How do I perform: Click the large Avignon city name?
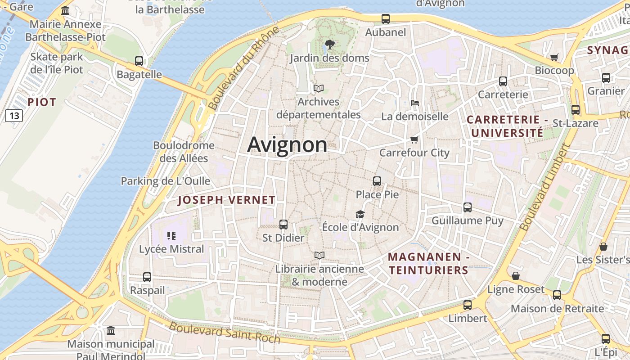click(287, 145)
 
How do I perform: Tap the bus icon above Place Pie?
click(377, 181)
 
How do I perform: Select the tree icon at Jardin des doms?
click(330, 45)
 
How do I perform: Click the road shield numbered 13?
click(14, 116)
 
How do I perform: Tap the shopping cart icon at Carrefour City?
click(414, 139)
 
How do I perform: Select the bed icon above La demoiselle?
click(415, 103)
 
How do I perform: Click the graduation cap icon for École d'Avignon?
click(360, 214)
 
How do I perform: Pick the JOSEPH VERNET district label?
click(226, 200)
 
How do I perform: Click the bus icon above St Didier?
click(283, 224)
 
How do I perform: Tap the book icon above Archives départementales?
click(319, 88)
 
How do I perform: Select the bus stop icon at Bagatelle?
click(139, 61)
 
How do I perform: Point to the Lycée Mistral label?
click(171, 249)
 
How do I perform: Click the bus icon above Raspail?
click(147, 277)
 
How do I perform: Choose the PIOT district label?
click(42, 102)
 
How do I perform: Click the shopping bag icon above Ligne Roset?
click(516, 276)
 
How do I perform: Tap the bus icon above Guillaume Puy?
click(468, 207)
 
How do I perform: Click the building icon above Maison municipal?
click(111, 331)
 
